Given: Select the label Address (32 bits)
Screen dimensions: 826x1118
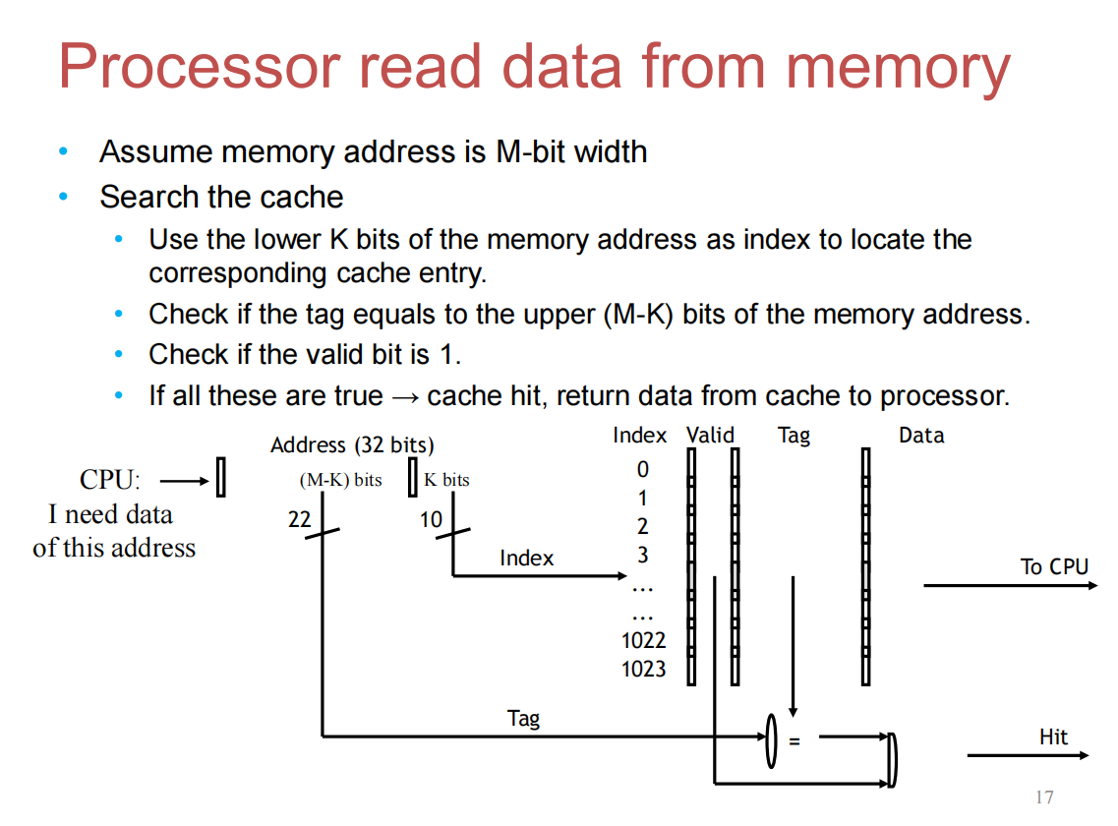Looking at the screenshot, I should (x=352, y=445).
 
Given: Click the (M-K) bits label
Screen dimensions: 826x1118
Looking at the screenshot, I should (x=340, y=480).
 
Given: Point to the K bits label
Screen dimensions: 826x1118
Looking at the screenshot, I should (x=446, y=480).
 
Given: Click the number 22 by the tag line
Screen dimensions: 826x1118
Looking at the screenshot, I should (x=299, y=519).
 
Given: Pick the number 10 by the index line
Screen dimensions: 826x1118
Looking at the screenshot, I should (x=431, y=519).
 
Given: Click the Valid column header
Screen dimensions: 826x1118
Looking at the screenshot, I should (x=710, y=435).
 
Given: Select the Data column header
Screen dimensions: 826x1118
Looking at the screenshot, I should (x=920, y=435).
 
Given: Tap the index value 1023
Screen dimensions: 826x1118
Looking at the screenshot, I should (x=643, y=670).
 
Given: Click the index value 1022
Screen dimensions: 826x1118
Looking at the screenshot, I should (x=643, y=641).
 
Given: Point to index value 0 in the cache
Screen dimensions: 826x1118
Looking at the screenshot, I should (x=643, y=470).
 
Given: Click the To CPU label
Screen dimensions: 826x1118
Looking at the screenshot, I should (x=1054, y=566).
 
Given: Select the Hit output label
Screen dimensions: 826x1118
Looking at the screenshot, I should (x=1053, y=737).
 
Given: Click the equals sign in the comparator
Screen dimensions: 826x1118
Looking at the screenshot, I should (x=794, y=740).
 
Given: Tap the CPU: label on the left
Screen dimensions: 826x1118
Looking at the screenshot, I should (x=110, y=480).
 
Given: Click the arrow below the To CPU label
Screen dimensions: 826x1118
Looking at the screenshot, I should (x=1010, y=585).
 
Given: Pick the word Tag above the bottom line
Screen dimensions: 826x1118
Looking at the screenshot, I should (x=523, y=719).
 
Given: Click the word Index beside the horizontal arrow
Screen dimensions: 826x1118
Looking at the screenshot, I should (x=526, y=559).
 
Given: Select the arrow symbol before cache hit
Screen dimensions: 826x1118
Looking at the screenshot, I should (x=404, y=396).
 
